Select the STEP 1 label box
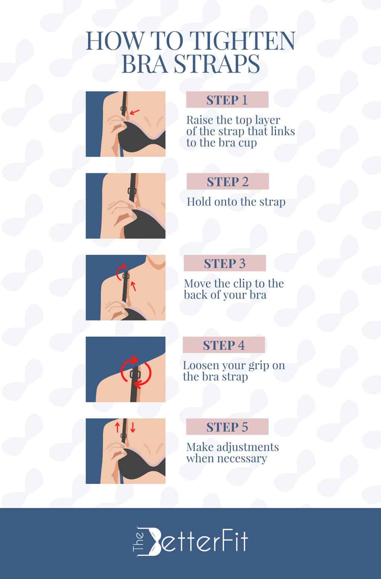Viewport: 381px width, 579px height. pos(227,100)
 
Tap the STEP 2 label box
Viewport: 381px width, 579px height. pos(227,182)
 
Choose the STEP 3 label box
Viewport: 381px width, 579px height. pos(225,263)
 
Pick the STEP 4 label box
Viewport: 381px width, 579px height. pos(224,345)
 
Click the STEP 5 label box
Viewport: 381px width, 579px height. pos(227,427)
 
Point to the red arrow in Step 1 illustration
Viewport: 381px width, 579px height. pos(135,111)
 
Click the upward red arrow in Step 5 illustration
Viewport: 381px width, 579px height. pos(117,427)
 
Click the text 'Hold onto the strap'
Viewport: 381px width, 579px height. pos(236,202)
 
